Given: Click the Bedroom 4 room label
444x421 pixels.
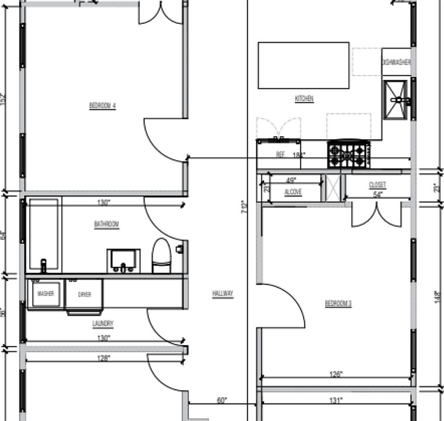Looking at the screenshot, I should pyautogui.click(x=102, y=106).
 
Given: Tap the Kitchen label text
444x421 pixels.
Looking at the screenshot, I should pyautogui.click(x=304, y=99).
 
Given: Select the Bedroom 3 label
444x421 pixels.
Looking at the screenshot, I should pyautogui.click(x=338, y=303).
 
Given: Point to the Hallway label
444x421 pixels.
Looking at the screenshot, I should pyautogui.click(x=223, y=294).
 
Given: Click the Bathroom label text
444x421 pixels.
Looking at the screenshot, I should pyautogui.click(x=106, y=224).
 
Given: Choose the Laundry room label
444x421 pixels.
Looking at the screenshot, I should pyautogui.click(x=102, y=323).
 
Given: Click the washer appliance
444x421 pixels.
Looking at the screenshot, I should pyautogui.click(x=46, y=294).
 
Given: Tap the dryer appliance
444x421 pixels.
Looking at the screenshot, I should pyautogui.click(x=85, y=295).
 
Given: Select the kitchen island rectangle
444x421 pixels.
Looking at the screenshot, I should pyautogui.click(x=303, y=65).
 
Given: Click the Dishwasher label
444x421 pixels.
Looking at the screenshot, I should pyautogui.click(x=396, y=63).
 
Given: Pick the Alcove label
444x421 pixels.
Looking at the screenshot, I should pyautogui.click(x=293, y=192).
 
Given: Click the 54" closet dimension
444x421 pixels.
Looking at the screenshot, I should pyautogui.click(x=377, y=194).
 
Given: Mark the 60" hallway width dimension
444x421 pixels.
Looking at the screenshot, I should pyautogui.click(x=221, y=401).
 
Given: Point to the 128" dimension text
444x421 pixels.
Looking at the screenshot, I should pyautogui.click(x=103, y=358).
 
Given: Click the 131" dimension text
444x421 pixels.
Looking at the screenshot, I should pyautogui.click(x=336, y=401).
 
